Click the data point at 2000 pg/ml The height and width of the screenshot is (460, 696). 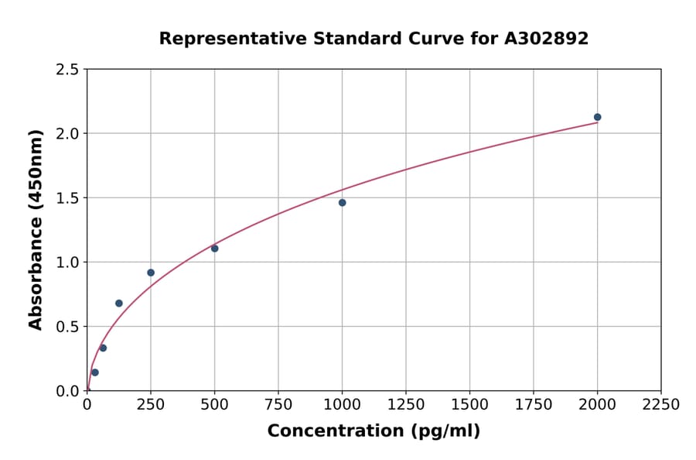597,117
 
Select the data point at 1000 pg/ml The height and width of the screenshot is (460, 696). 342,203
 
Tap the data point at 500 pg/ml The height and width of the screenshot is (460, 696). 214,249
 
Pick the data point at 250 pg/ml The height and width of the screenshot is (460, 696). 151,273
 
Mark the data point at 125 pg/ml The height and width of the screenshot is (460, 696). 119,303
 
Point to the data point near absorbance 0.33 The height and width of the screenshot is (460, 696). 103,348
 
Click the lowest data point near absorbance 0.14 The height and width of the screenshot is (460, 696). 95,372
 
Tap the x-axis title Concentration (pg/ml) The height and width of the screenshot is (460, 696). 374,431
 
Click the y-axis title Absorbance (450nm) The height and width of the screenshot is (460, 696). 36,229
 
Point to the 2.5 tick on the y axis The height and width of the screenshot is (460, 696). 67,70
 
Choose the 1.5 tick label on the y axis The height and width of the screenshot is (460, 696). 67,198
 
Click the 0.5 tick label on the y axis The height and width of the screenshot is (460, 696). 67,327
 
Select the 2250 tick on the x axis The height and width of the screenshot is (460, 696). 661,405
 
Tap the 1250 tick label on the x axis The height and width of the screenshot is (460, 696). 406,405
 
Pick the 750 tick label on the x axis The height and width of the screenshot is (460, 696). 278,405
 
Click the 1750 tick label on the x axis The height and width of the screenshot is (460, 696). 534,405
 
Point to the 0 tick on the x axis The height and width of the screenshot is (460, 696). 87,405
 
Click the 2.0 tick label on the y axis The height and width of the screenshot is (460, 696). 67,134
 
